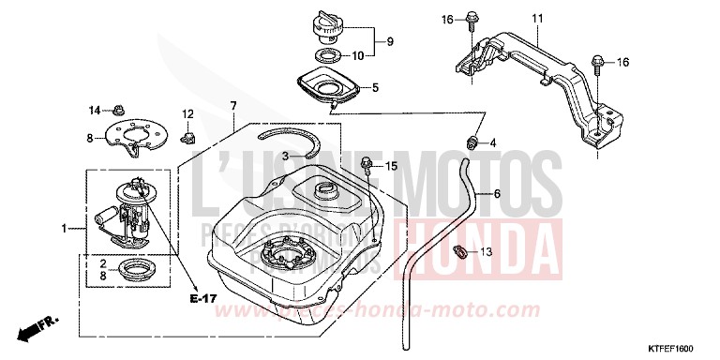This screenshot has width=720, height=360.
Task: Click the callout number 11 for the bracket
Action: coord(537,20)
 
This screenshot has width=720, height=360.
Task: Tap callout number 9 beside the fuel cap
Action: coord(390,41)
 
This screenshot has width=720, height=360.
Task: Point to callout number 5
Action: coord(374,89)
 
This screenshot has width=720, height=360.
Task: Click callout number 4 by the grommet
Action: coord(494,143)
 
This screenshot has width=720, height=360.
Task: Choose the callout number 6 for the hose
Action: coord(497,194)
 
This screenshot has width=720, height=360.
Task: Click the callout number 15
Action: coord(392,166)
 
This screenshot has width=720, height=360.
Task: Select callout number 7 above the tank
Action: coord(232,106)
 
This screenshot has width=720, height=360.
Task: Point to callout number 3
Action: coord(260,156)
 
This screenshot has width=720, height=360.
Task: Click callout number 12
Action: coord(187,114)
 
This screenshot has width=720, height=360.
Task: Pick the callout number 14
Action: coord(94,111)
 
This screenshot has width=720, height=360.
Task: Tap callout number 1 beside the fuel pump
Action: coord(65,228)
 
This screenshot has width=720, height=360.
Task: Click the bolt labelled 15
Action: coord(367,167)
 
